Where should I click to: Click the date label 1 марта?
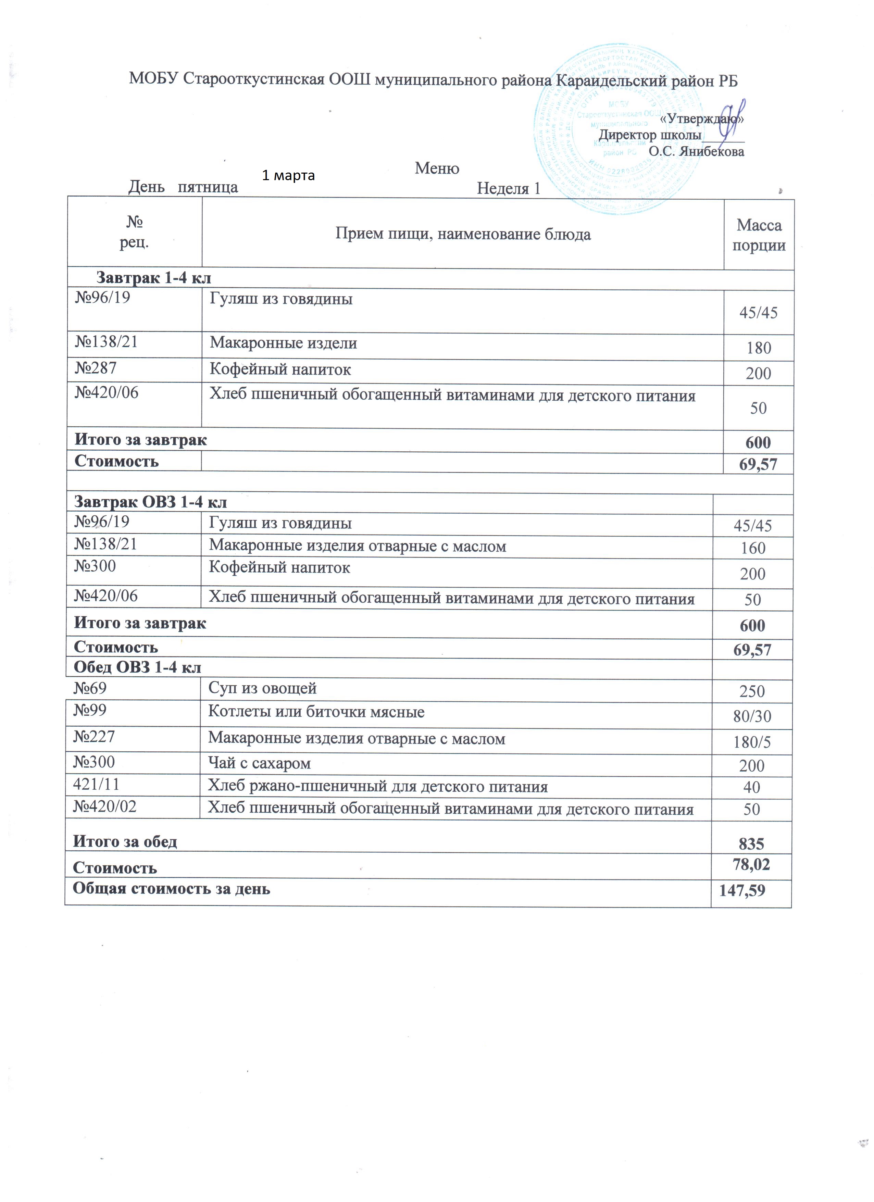pyautogui.click(x=288, y=175)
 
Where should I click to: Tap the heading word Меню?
pyautogui.click(x=437, y=168)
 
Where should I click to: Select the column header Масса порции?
pyautogui.click(x=759, y=235)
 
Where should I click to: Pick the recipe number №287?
pyautogui.click(x=96, y=368)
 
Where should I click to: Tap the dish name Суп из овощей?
pyautogui.click(x=262, y=688)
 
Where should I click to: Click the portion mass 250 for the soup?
pyautogui.click(x=752, y=691)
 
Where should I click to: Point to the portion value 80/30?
pyautogui.click(x=752, y=716)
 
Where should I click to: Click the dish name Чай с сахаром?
pyautogui.click(x=259, y=763)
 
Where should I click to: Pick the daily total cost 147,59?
pyautogui.click(x=742, y=890)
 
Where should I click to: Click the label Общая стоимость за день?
pyautogui.click(x=171, y=888)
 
